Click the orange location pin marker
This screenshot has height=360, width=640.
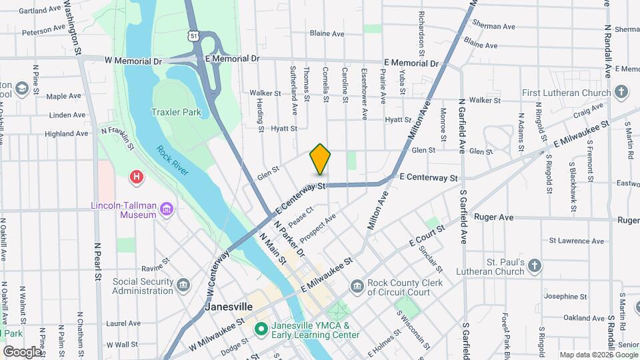[320, 159]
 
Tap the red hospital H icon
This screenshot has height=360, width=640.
[137, 177]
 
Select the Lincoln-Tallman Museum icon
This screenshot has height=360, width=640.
[166, 210]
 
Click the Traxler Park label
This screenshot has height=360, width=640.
[176, 113]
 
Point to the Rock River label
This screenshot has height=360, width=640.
[173, 161]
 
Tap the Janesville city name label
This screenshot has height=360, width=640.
[228, 307]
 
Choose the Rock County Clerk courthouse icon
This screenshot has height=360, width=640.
[357, 286]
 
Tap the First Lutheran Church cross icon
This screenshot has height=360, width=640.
[621, 92]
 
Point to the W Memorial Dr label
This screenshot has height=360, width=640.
[133, 60]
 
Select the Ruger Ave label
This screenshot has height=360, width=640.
[493, 217]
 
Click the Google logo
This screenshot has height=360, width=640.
[22, 351]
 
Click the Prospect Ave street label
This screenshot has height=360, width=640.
[317, 228]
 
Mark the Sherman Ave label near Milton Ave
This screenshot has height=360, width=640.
[493, 27]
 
